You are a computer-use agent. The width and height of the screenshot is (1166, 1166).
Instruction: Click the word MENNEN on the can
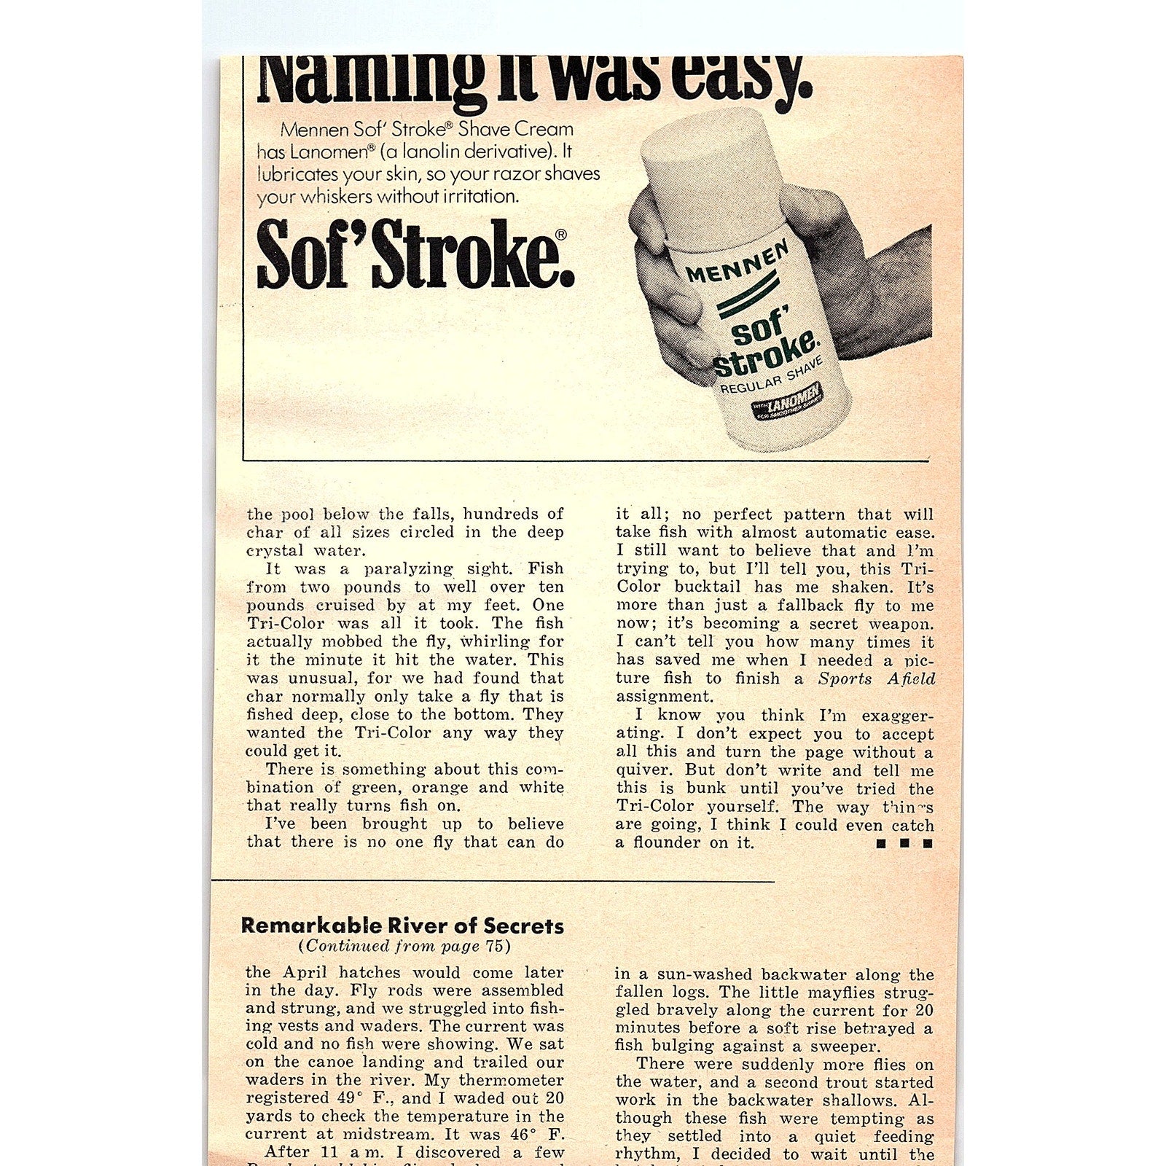(x=737, y=263)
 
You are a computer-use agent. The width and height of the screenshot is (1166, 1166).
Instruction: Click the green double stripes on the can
(x=751, y=294)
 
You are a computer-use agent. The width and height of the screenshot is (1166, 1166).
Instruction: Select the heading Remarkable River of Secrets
(x=402, y=926)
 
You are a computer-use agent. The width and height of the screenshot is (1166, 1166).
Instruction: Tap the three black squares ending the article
(x=904, y=844)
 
